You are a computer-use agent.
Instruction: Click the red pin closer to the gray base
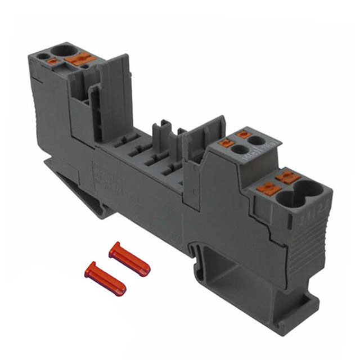click(129, 258)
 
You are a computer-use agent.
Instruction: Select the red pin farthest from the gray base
click(105, 277)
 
